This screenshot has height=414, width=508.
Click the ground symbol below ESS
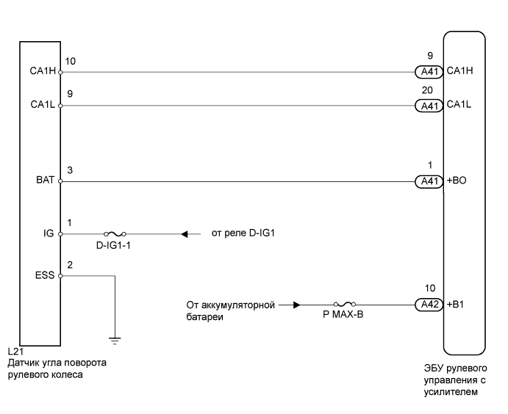click(115, 339)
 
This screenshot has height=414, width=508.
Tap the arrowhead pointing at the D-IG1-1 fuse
click(185, 234)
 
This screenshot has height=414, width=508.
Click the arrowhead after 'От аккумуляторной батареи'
click(296, 304)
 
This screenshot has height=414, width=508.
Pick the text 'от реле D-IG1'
click(237, 234)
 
